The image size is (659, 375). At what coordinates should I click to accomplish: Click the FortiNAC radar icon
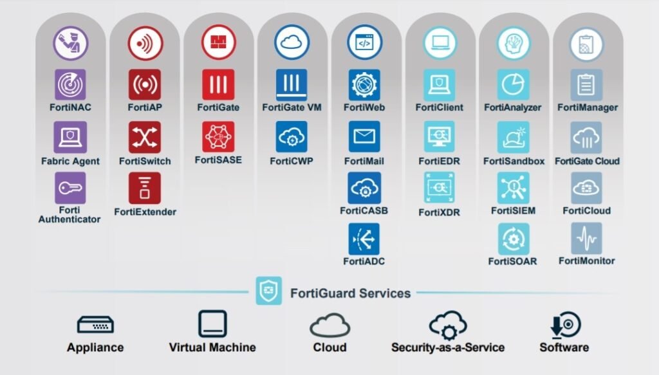70,84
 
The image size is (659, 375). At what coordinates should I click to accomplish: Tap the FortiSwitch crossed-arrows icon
145,137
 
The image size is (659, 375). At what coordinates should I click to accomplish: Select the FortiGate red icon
218,84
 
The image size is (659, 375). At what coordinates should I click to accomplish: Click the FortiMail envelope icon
364,137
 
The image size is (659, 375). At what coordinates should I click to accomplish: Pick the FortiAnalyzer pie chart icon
513,84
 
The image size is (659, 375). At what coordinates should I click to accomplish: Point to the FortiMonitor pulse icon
586,238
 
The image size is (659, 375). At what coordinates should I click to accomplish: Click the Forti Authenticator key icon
70,187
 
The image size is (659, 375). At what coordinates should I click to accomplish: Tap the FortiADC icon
364,239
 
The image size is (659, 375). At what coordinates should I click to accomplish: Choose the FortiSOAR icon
513,239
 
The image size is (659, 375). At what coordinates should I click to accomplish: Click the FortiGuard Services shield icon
268,291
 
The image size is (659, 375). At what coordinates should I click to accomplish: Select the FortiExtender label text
145,212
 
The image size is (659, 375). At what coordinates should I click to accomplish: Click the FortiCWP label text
292,161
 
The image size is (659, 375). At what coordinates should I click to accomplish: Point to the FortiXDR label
439,212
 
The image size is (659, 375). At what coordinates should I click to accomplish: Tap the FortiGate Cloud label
587,161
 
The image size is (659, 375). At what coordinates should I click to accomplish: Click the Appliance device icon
95,324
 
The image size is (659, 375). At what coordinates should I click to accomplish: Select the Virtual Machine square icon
212,324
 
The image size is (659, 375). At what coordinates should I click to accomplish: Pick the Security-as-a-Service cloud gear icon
448,325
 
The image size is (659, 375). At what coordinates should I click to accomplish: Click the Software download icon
564,325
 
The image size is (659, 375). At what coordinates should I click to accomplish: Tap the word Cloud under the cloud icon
329,347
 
